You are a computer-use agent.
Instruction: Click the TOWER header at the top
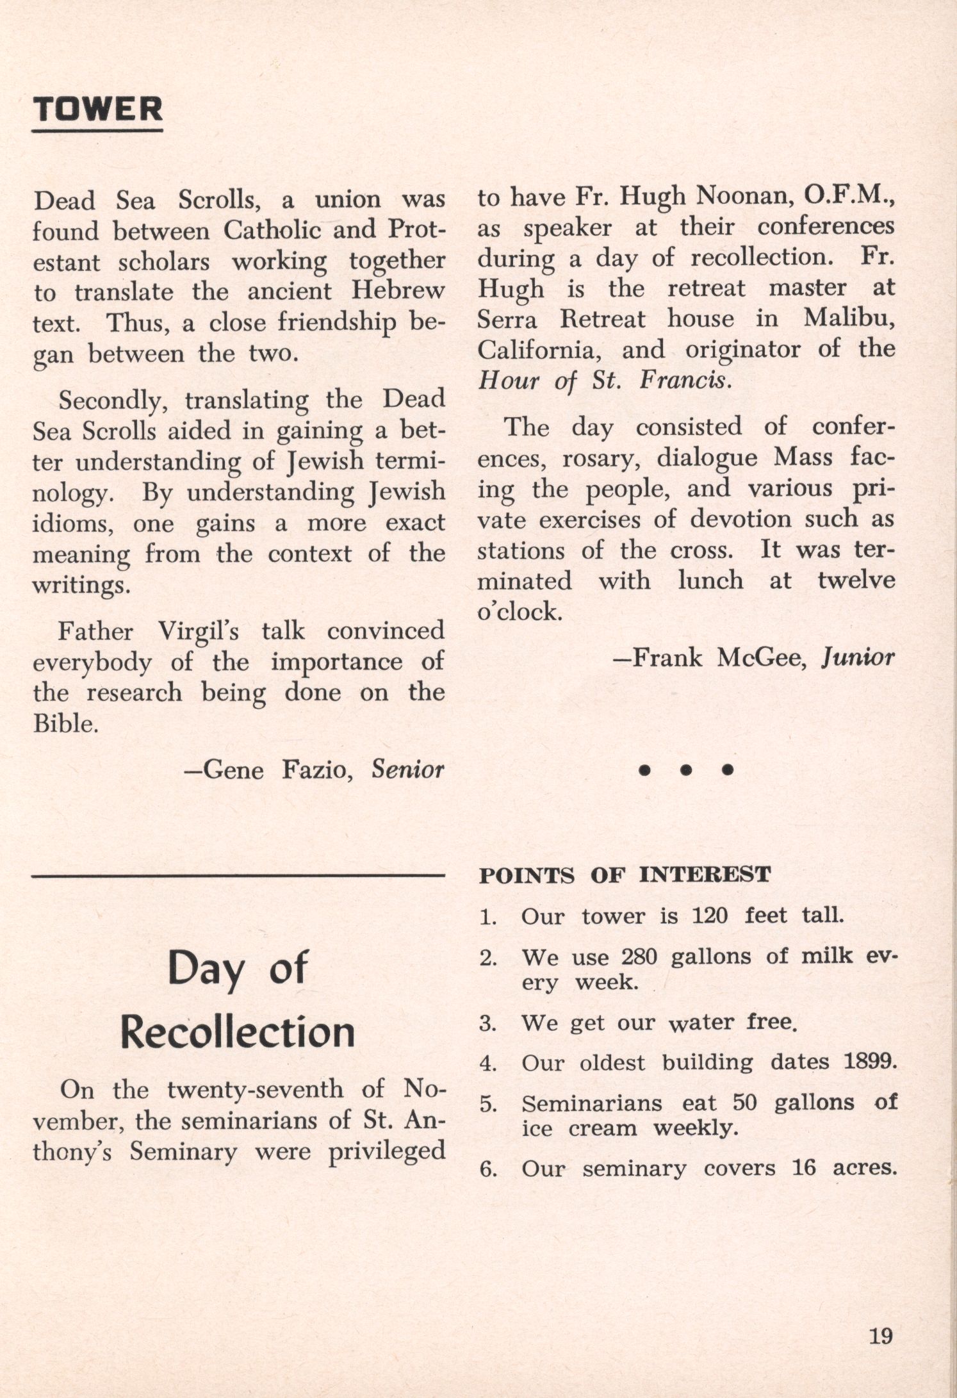pos(98,110)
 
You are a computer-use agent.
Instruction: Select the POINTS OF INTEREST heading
pos(625,875)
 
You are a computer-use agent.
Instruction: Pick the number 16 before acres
pos(804,1167)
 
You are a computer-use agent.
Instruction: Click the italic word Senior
pos(408,769)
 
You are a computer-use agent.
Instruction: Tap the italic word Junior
pos(857,658)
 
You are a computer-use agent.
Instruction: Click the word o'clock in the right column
pos(519,612)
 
